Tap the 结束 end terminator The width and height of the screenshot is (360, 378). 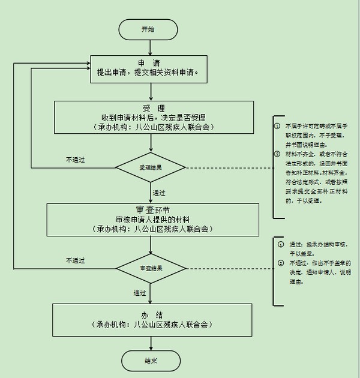151,361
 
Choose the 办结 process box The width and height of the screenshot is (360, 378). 153,319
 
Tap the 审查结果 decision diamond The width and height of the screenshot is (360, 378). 151,268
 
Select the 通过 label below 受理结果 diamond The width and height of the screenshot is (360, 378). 159,193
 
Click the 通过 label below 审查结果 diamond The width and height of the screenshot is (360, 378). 140,293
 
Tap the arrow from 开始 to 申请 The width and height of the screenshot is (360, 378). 150,47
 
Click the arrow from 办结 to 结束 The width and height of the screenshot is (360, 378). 151,343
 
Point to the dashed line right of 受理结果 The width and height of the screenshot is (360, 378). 228,167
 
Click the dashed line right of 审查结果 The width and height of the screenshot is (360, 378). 228,268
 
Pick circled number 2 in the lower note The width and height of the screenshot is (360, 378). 281,263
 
